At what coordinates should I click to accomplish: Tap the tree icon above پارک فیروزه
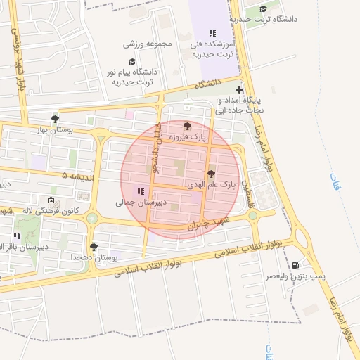[x=186, y=127]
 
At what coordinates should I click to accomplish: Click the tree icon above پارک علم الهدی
[x=210, y=173]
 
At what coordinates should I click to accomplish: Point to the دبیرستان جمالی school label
[x=141, y=202]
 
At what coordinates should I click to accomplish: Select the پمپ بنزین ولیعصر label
[x=296, y=277]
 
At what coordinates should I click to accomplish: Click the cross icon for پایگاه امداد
[x=240, y=90]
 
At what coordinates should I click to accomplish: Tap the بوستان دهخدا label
[x=94, y=258]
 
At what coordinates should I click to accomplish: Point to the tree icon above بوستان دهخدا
[x=94, y=247]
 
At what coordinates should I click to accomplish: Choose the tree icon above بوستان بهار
[x=56, y=118]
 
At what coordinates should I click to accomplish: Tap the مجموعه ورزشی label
[x=148, y=44]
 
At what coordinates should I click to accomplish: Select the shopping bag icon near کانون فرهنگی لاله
[x=49, y=200]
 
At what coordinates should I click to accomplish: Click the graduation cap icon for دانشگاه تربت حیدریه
[x=263, y=9]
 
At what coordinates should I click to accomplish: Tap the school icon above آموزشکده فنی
[x=213, y=33]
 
